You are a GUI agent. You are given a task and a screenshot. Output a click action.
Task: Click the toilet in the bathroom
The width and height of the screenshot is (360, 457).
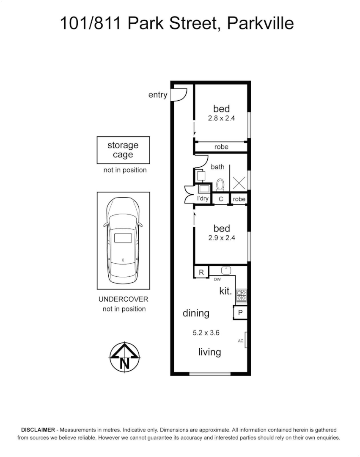point(220,184)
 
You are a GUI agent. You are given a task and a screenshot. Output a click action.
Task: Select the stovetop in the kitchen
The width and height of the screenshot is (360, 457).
point(241,295)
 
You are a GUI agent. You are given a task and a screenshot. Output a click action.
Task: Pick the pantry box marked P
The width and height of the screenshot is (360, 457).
point(240,313)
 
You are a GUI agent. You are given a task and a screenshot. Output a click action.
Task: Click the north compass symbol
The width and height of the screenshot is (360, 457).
point(125,357)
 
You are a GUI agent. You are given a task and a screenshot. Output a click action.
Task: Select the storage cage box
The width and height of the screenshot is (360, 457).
point(123,150)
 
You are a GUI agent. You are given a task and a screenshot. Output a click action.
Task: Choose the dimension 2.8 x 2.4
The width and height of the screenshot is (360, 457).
point(221,118)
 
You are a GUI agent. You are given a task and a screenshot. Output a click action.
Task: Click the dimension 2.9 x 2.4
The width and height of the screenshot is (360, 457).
point(221,238)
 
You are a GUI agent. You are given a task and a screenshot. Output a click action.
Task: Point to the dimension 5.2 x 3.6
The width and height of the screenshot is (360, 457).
point(206,333)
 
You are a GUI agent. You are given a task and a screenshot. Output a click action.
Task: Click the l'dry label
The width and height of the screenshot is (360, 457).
point(203,198)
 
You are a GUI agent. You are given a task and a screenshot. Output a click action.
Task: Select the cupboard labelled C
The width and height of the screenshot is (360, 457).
point(220,199)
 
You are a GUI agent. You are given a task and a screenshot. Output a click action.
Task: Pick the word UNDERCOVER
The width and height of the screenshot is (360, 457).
point(123,299)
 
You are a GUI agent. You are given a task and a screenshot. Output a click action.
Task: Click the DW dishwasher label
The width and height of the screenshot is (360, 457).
point(217,279)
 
